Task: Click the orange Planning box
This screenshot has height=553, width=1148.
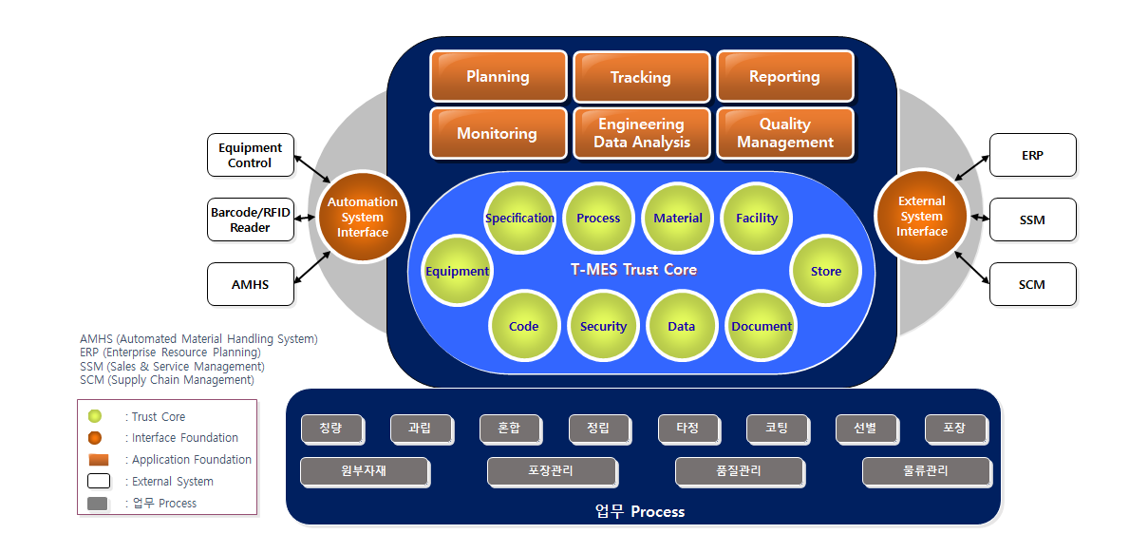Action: tap(499, 76)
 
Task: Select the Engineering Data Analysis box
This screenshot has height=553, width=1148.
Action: tap(642, 133)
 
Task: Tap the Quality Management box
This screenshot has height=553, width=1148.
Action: tap(785, 133)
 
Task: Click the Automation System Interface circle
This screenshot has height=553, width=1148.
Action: tap(363, 217)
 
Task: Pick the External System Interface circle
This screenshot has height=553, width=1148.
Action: tap(921, 216)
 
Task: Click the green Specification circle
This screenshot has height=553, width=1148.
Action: tap(519, 218)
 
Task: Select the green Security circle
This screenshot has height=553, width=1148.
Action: tap(603, 326)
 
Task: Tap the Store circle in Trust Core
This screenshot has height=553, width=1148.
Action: tap(826, 271)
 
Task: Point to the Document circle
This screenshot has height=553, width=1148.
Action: tap(762, 326)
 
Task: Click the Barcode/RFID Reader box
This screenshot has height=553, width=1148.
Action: tap(251, 219)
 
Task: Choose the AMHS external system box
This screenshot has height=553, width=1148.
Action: tap(251, 284)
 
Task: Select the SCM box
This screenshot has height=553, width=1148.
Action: tap(1033, 284)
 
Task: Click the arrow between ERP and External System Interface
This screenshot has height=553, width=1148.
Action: tap(971, 168)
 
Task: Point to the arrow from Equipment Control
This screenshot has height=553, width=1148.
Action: tap(312, 169)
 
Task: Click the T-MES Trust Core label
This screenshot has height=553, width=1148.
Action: tap(633, 269)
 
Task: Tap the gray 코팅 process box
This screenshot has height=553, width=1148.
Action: tap(777, 429)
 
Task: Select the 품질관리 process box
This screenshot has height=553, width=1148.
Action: tap(739, 471)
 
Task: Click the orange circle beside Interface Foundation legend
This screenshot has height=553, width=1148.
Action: tap(95, 438)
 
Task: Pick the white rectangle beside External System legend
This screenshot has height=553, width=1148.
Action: tap(99, 481)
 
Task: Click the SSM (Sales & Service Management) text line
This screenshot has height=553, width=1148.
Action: tap(172, 366)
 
